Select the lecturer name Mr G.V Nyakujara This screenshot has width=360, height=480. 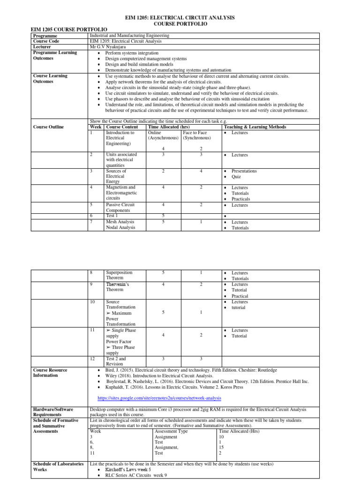tap(108, 47)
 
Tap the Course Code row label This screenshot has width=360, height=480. tap(46, 41)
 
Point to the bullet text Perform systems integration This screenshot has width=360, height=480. tap(132, 53)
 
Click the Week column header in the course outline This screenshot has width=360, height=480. tap(96, 127)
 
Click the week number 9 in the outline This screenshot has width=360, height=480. tap(92, 284)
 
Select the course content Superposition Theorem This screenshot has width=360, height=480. tap(119, 275)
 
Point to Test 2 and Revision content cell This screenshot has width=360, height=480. tap(116, 361)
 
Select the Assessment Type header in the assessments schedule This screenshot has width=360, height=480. tap(171, 431)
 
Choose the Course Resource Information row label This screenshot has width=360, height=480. tap(50, 373)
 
